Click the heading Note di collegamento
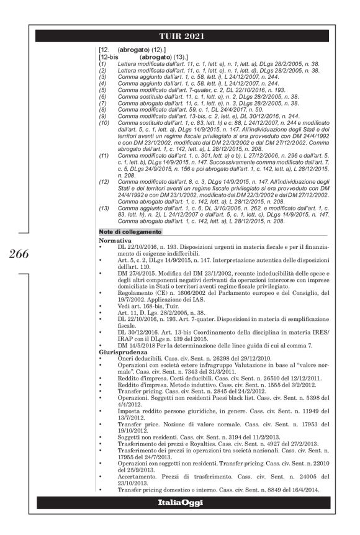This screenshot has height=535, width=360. tap(130, 232)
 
